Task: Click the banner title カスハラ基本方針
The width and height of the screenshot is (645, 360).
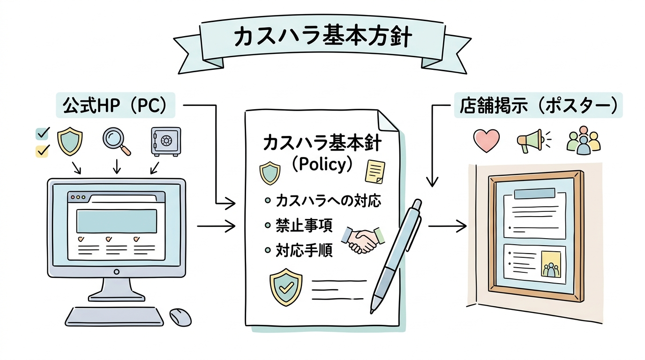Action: pyautogui.click(x=323, y=37)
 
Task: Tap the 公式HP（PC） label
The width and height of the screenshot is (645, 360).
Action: pyautogui.click(x=115, y=105)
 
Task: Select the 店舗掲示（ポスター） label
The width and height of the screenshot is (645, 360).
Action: pyautogui.click(x=538, y=105)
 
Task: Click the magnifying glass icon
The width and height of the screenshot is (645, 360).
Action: pyautogui.click(x=117, y=141)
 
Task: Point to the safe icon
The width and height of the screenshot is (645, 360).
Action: pyautogui.click(x=166, y=142)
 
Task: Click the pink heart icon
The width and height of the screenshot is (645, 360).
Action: pyautogui.click(x=487, y=140)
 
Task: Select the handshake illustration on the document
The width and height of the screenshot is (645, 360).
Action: pyautogui.click(x=363, y=240)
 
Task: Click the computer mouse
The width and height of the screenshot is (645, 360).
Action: pyautogui.click(x=180, y=317)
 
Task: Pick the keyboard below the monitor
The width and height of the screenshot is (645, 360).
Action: pyautogui.click(x=114, y=316)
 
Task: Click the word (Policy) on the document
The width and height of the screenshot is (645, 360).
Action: pyautogui.click(x=322, y=165)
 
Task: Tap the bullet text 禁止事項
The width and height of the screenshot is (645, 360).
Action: pyautogui.click(x=304, y=225)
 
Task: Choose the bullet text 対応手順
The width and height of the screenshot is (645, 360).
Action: pyautogui.click(x=304, y=250)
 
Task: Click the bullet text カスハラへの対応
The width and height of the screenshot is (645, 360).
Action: pyautogui.click(x=328, y=201)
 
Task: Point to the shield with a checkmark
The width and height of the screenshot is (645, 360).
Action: pyautogui.click(x=285, y=287)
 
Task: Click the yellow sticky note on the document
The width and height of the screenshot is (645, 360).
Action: pyautogui.click(x=375, y=172)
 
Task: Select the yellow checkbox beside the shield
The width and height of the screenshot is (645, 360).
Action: pyautogui.click(x=42, y=151)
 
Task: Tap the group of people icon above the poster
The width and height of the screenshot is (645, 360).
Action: pyautogui.click(x=584, y=140)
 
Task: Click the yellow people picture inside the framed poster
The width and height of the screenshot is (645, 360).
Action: pyautogui.click(x=551, y=264)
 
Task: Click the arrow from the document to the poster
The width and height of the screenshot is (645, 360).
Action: pyautogui.click(x=448, y=226)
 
